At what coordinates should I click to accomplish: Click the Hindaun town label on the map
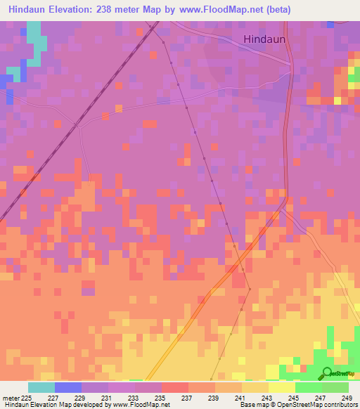(264, 39)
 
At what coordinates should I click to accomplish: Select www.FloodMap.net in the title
(217, 9)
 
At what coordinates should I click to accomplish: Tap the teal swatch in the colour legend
(41, 387)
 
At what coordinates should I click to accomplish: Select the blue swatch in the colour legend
(67, 387)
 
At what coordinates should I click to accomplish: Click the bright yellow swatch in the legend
(281, 387)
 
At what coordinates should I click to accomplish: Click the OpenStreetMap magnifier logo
(328, 372)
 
